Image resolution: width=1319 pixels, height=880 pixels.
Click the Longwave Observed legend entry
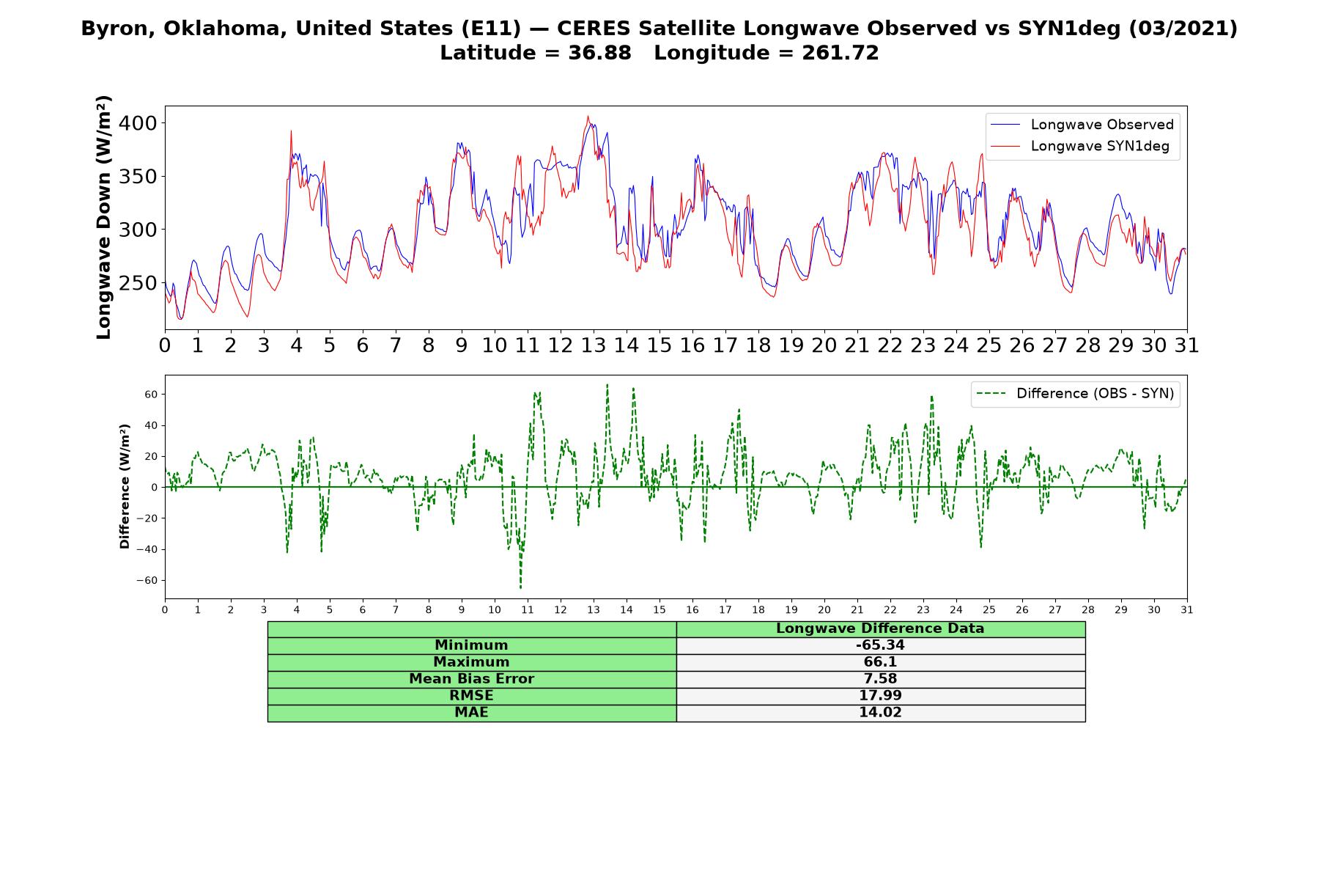pos(1082,125)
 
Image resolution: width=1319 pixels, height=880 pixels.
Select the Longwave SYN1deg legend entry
pos(1079,146)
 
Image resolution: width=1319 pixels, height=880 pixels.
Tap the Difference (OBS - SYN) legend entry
pos(1075,394)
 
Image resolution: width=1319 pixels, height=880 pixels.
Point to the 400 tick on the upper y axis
pos(138,123)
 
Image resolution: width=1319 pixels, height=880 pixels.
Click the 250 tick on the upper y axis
pos(138,283)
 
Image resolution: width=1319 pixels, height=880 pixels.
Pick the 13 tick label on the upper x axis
pos(593,345)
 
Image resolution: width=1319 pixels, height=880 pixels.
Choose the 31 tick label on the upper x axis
pos(1186,345)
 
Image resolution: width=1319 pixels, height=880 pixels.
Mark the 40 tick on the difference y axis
pos(152,425)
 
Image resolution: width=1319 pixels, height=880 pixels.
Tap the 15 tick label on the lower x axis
pos(659,610)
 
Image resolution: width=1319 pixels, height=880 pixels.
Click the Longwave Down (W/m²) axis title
pos(104,217)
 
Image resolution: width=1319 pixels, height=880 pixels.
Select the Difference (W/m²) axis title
pos(125,486)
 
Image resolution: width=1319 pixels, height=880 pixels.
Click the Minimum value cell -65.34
pos(880,645)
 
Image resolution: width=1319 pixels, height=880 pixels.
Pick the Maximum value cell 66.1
pos(880,662)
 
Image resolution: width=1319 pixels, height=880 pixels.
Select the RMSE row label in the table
pos(471,696)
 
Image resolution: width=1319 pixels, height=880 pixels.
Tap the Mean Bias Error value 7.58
pos(880,679)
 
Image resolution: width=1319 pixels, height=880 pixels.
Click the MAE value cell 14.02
pos(880,713)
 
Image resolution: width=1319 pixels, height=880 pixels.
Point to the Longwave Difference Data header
pos(880,628)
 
